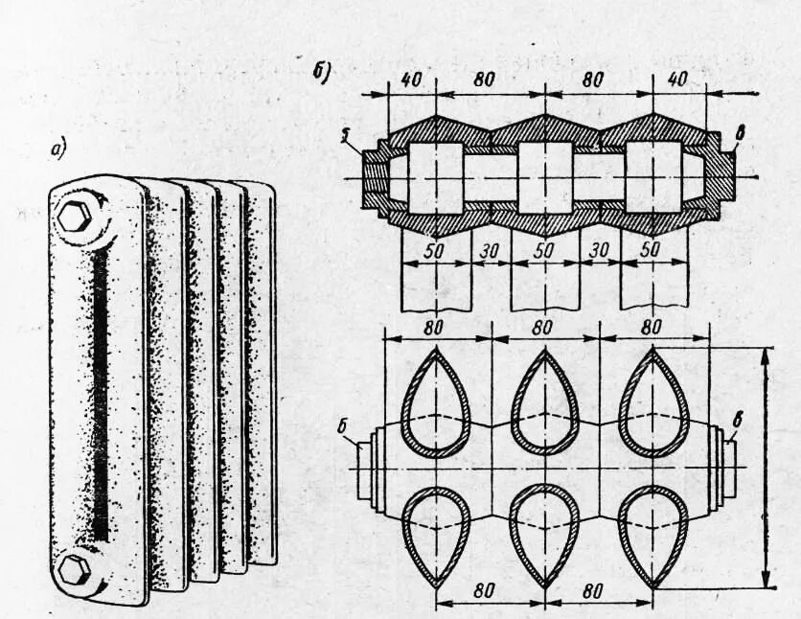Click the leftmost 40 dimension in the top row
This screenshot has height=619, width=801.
(x=411, y=80)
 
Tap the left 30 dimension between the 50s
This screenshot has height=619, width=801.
(x=492, y=247)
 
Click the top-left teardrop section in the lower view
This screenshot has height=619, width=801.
(x=437, y=401)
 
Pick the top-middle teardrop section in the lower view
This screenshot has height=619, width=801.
(x=545, y=401)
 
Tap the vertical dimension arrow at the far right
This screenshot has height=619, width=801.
(x=767, y=468)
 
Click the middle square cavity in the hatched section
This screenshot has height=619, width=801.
(x=544, y=177)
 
